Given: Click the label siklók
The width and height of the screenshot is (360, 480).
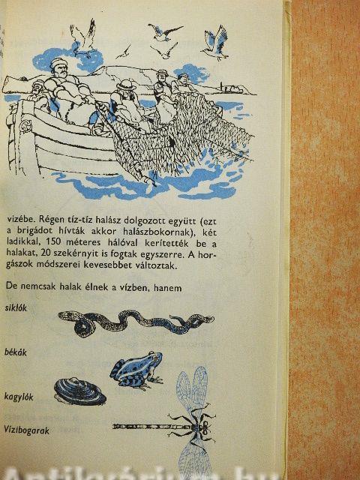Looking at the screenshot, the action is [x=16, y=307].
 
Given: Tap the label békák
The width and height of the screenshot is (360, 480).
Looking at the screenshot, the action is [x=15, y=352].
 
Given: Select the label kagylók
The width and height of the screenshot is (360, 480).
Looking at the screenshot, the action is [x=19, y=397].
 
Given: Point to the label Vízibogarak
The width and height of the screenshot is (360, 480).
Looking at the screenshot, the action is [x=27, y=430].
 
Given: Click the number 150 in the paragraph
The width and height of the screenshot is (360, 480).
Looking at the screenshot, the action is [x=53, y=241].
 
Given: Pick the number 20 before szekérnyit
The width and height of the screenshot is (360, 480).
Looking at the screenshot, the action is [x=47, y=253].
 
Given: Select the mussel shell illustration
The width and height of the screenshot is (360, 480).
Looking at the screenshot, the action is [x=80, y=391].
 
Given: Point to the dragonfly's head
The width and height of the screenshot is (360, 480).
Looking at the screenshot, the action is [x=204, y=425].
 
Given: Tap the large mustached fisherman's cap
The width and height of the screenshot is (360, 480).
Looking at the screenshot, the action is [x=58, y=62].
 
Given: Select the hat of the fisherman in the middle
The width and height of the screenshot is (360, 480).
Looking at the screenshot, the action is [x=126, y=85].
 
